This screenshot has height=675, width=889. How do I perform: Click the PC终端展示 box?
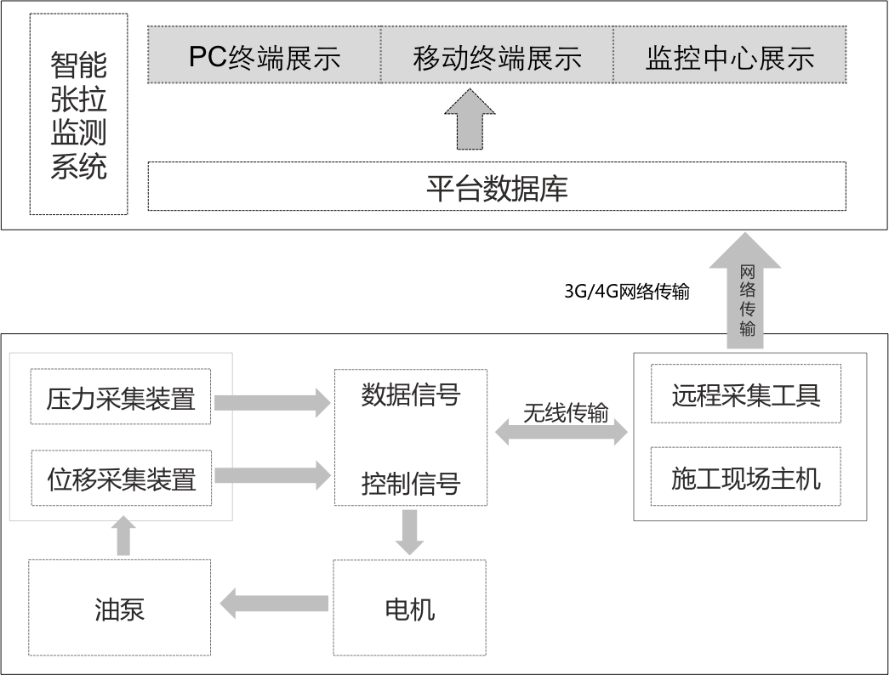(264, 55)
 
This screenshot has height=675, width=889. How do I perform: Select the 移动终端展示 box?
(497, 55)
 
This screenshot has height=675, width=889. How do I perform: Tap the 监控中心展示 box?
(730, 55)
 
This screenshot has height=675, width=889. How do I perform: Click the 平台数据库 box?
(497, 186)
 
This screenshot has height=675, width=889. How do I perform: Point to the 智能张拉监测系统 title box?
(78, 114)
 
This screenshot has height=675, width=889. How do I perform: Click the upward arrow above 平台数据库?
(470, 121)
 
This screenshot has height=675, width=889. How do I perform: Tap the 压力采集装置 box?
(121, 397)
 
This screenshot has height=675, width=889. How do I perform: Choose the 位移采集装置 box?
(121, 478)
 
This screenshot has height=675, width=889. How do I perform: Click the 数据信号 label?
(410, 395)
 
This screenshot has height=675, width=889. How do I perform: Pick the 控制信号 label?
(410, 484)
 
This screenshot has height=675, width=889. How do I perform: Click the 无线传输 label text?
(565, 413)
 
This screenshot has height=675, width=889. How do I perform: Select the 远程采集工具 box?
(745, 394)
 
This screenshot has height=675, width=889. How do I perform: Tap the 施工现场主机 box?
(745, 477)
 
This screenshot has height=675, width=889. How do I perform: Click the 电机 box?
(409, 608)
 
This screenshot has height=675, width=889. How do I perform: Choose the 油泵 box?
(119, 608)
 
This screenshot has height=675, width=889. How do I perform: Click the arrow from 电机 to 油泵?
(274, 604)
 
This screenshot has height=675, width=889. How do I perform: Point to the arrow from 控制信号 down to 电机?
(409, 531)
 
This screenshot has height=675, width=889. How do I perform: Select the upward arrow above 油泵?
(124, 536)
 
